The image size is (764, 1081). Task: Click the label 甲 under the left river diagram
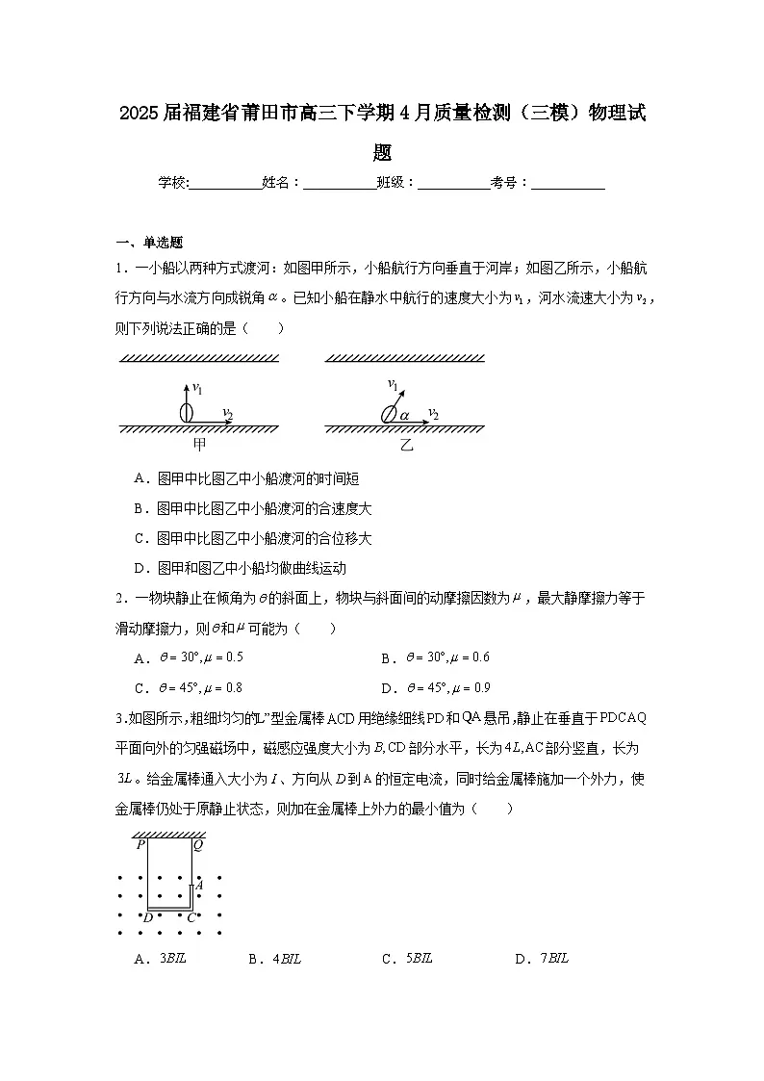(200, 444)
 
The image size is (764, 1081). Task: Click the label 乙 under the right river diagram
(407, 445)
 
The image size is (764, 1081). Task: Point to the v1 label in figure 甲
(197, 388)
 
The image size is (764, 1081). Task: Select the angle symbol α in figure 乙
(405, 415)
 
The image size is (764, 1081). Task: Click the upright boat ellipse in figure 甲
(187, 413)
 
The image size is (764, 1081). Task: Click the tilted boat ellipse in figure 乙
(389, 415)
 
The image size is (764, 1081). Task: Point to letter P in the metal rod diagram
(140, 845)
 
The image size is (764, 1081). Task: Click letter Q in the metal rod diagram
(197, 845)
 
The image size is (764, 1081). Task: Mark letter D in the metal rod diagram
(148, 917)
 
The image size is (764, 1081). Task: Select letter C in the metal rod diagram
(191, 917)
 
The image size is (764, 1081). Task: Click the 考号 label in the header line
(507, 182)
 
